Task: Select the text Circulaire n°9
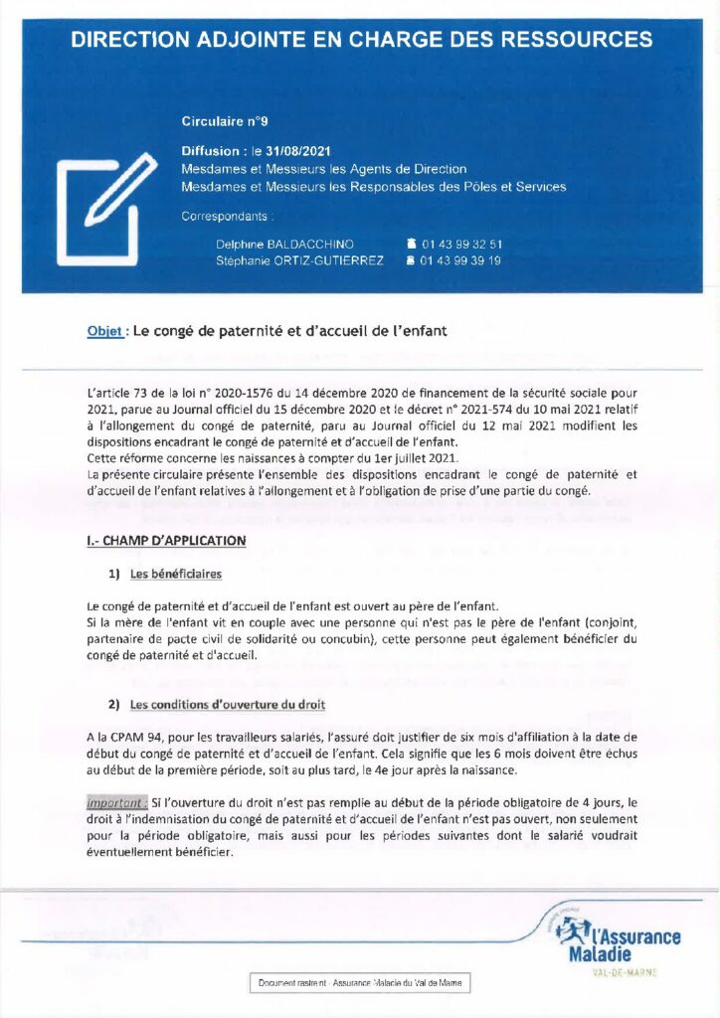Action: coord(225,121)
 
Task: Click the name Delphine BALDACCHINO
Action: coord(283,244)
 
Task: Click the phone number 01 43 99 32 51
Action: coord(460,244)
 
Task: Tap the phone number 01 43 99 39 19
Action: coord(460,260)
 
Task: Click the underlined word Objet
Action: coord(104,331)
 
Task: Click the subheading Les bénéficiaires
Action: coord(176,574)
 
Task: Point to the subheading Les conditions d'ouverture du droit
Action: coord(228,705)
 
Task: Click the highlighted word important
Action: coord(116,801)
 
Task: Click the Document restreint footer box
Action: coord(359,982)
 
